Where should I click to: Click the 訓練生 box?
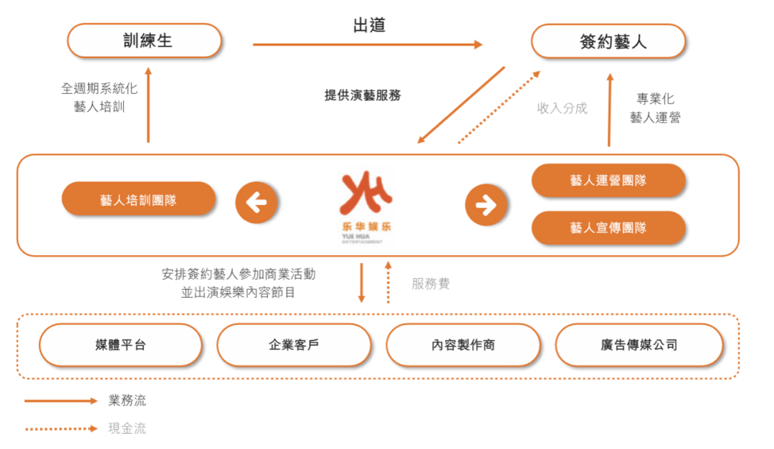point(145,40)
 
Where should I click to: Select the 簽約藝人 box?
point(608,42)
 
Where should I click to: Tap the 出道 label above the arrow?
point(369,25)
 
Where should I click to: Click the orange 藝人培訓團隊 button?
point(139,199)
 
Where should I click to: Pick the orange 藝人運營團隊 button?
point(608,180)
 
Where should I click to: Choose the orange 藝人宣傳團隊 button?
point(608,227)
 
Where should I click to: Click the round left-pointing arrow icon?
point(256,202)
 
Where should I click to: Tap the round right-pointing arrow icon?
point(486,204)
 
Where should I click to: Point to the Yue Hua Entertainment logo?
point(365,207)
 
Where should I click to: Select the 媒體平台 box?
point(121,345)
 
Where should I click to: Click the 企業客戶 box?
point(295,345)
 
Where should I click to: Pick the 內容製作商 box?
point(464,345)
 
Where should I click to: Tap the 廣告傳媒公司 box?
point(639,345)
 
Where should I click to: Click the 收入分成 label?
point(563,108)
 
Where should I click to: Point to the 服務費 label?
point(431,283)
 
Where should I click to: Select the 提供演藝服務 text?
point(363,95)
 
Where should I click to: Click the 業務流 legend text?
point(128,400)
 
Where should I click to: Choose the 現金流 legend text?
point(128,428)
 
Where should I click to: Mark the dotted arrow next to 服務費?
point(388,283)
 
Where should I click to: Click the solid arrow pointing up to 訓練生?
point(148,105)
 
